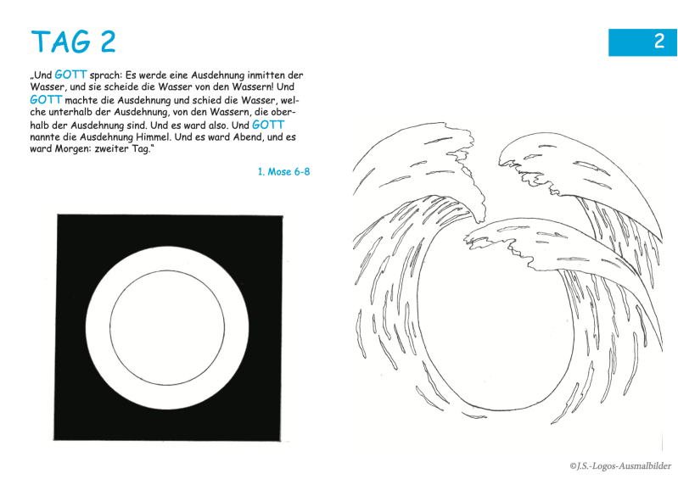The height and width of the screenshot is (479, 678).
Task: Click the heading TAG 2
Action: pyautogui.click(x=74, y=42)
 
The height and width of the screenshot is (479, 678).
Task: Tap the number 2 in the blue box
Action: pyautogui.click(x=659, y=42)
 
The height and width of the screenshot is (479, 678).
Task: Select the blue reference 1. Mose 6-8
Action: pyautogui.click(x=283, y=172)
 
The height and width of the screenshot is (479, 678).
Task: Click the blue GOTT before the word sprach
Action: pyautogui.click(x=71, y=75)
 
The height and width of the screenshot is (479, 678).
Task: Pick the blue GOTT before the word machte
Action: pyautogui.click(x=47, y=100)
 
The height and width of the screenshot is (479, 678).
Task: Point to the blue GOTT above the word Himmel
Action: pyautogui.click(x=268, y=125)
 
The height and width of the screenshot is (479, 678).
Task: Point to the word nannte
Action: pyautogui.click(x=45, y=137)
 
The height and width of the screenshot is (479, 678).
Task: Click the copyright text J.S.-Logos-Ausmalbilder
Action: pyautogui.click(x=620, y=466)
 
